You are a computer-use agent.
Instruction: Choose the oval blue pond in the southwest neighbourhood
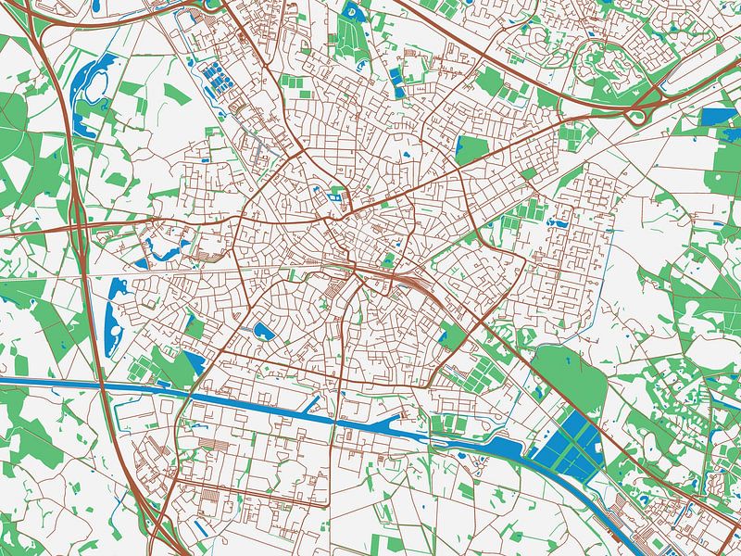point(263,331)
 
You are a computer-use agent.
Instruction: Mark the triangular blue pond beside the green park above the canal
point(195,361)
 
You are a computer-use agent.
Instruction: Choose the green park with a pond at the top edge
point(350,28)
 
